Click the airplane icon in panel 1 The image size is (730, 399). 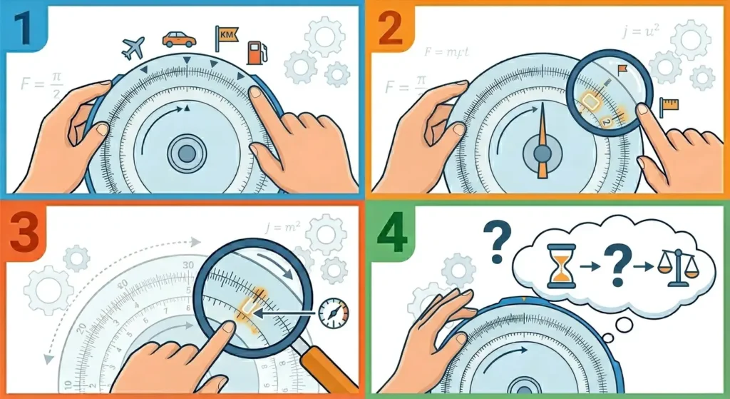133,48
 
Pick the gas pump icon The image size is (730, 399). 255,52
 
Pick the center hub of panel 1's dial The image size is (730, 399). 187,153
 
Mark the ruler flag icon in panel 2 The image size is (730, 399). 669,106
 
